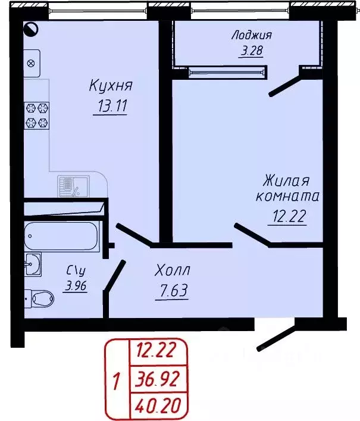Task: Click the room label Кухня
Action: (110, 86)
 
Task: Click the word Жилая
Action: (287, 180)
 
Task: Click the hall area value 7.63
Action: (171, 292)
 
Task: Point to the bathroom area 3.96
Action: (76, 285)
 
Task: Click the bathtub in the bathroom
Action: (62, 236)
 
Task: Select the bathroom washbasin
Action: (33, 263)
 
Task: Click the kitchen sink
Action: (73, 186)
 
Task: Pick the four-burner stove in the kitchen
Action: (36, 115)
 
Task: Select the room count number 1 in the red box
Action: (117, 378)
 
